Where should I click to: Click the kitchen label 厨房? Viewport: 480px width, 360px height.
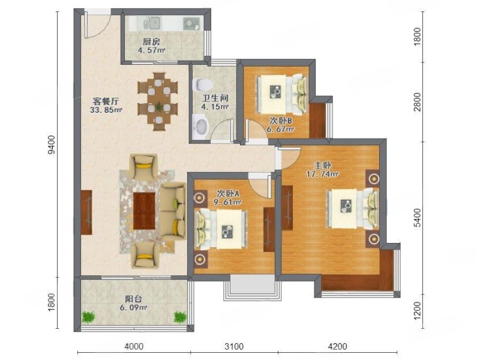click(x=151, y=41)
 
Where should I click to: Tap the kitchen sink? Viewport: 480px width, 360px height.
click(x=152, y=23)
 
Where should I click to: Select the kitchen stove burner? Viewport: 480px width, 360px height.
click(x=191, y=23)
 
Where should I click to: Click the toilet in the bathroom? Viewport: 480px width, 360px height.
click(x=202, y=84)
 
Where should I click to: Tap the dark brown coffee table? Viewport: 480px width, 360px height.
click(x=144, y=211)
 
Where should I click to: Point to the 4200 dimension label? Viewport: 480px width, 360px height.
click(x=337, y=346)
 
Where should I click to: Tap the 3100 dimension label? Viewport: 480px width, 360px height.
click(x=234, y=346)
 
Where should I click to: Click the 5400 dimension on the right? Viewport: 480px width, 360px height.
click(x=417, y=218)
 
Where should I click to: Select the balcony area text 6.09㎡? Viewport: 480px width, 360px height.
click(x=133, y=307)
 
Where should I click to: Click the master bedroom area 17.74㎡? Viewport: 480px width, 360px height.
click(x=323, y=175)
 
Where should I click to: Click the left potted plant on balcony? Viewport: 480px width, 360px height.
click(x=88, y=317)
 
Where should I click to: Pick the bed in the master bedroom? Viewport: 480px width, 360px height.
click(x=353, y=209)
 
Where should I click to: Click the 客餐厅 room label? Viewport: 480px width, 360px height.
click(x=106, y=101)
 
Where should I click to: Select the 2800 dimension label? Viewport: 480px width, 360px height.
click(x=417, y=102)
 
